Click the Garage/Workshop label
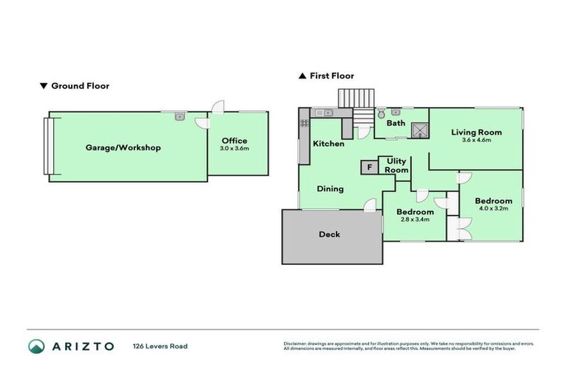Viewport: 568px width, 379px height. (123, 147)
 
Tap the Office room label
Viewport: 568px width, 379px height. (234, 141)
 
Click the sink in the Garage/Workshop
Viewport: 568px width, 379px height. (180, 115)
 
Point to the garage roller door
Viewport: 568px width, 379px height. (48, 146)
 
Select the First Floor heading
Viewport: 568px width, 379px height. (331, 76)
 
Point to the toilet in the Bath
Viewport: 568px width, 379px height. (380, 115)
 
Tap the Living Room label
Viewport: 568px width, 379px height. (476, 133)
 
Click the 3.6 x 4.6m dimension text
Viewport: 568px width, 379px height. (476, 140)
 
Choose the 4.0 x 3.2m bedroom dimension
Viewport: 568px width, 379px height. (493, 209)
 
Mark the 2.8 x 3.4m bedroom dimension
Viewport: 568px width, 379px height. (414, 220)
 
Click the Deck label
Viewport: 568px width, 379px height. (329, 235)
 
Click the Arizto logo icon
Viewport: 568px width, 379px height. (36, 346)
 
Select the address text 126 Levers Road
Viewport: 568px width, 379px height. (160, 346)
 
